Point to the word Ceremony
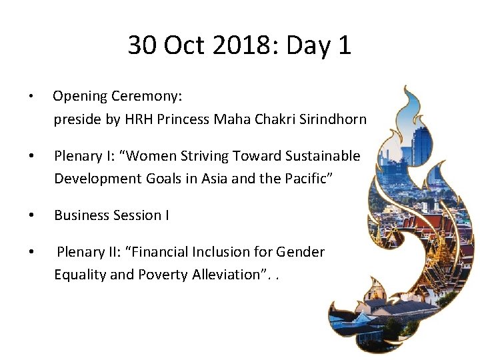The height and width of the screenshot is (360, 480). [x=148, y=97]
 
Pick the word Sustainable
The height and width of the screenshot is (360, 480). [x=322, y=156]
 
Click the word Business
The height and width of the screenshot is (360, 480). [x=80, y=215]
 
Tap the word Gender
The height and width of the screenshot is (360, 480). [x=303, y=252]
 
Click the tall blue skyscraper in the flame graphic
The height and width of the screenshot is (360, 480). [x=419, y=143]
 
